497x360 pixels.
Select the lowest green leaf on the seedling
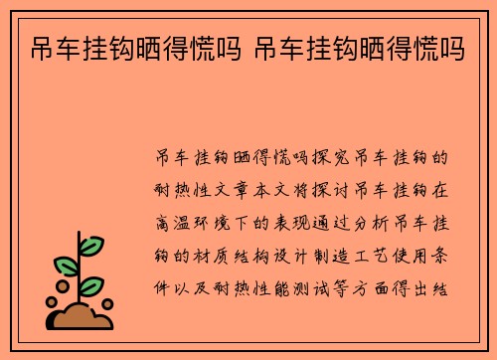[x=91, y=287]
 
